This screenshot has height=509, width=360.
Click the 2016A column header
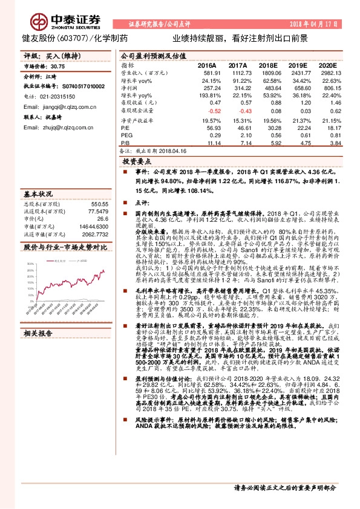pyautogui.click(x=207, y=64)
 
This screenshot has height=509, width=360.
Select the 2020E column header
pyautogui.click(x=327, y=64)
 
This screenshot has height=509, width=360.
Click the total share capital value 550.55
pyautogui.click(x=99, y=205)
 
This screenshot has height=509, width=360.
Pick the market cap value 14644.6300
pyautogui.click(x=93, y=226)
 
